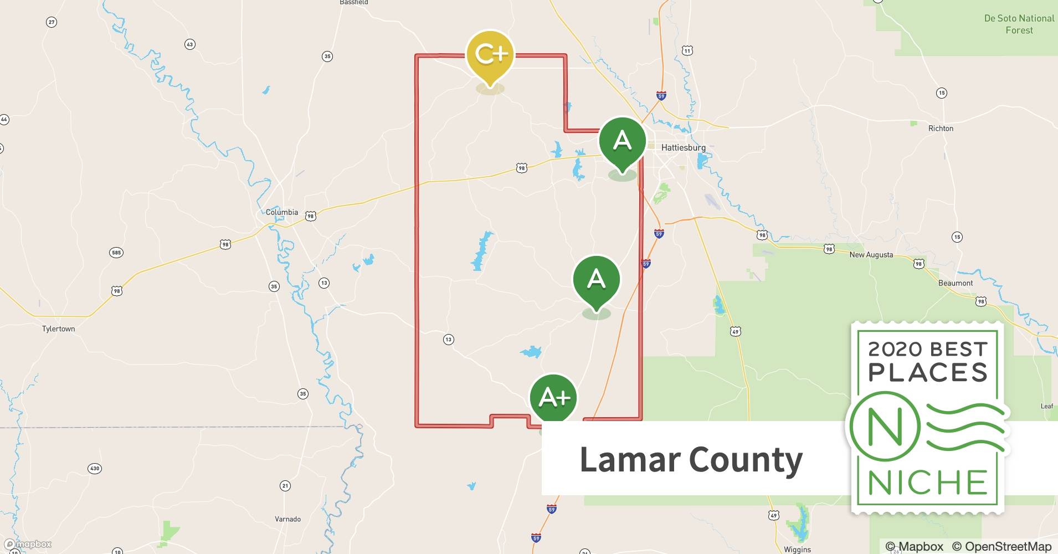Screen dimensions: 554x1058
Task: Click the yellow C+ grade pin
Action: point(491,54)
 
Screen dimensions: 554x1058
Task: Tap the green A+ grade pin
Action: point(553,397)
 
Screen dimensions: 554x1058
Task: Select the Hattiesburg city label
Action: point(683,148)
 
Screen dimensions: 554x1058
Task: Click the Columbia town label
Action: point(281,212)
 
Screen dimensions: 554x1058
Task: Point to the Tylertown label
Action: point(58,329)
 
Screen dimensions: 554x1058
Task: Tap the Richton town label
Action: point(941,129)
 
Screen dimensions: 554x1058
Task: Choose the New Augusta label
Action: point(871,255)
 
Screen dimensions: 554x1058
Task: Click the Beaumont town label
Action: point(955,283)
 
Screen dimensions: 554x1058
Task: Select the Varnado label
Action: point(287,519)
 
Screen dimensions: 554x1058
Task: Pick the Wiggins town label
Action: point(797,550)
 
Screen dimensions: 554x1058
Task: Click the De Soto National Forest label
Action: point(1019,24)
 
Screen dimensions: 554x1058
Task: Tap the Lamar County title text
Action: point(691,459)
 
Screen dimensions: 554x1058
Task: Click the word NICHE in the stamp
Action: point(928,483)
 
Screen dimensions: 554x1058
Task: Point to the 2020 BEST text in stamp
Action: point(928,349)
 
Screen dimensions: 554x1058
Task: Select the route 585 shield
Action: point(116,253)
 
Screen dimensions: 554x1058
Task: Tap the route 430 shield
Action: point(95,469)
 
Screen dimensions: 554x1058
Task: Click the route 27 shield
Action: point(52,22)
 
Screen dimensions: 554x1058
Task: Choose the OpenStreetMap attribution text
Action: point(1001,547)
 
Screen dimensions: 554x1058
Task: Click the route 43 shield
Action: point(190,44)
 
